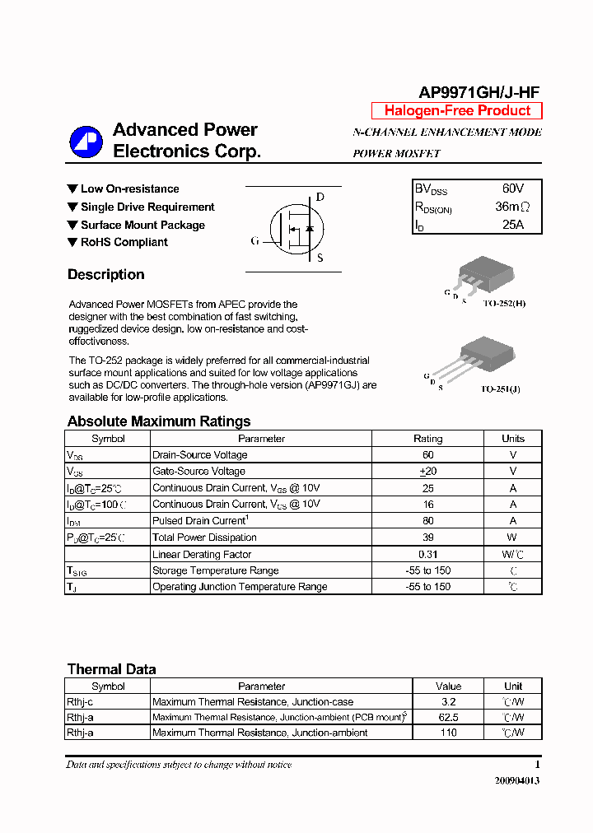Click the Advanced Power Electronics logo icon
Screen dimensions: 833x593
click(x=86, y=142)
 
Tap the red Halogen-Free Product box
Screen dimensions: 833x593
click(x=457, y=111)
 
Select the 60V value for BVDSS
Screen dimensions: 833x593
click(x=512, y=189)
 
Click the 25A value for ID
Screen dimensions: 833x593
click(x=512, y=225)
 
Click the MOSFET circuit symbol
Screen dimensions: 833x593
click(x=295, y=229)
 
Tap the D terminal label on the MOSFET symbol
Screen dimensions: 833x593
click(x=320, y=198)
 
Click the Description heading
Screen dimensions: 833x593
click(x=105, y=275)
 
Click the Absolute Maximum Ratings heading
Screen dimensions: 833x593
click(x=158, y=421)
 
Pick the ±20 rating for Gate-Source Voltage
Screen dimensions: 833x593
click(x=427, y=472)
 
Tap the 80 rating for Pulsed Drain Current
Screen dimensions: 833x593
click(x=427, y=521)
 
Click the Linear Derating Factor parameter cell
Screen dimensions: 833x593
click(x=202, y=554)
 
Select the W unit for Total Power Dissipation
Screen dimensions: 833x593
click(x=513, y=537)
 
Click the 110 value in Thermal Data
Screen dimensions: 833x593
click(x=448, y=733)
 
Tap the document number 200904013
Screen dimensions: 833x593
click(x=517, y=781)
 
